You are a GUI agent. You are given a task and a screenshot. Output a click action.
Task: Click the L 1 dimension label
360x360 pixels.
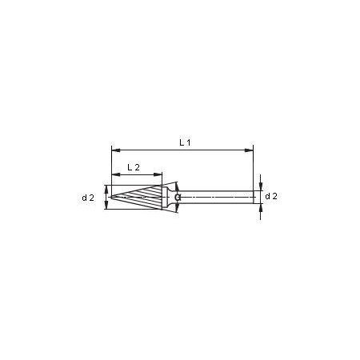[x=185, y=142]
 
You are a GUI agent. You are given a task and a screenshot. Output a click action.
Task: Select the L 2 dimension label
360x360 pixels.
[x=134, y=167]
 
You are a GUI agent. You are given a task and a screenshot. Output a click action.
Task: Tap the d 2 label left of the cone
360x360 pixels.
[x=88, y=197]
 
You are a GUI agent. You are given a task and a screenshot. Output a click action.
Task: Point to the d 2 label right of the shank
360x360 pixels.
[x=271, y=196]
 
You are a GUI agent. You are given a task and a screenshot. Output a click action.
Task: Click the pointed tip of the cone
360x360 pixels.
[x=113, y=197]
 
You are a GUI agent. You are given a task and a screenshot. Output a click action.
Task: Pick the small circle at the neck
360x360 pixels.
[x=178, y=197]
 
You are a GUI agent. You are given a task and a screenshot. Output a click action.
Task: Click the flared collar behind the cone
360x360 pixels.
[x=168, y=197]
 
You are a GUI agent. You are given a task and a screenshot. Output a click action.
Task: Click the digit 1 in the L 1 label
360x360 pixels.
[x=188, y=142]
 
